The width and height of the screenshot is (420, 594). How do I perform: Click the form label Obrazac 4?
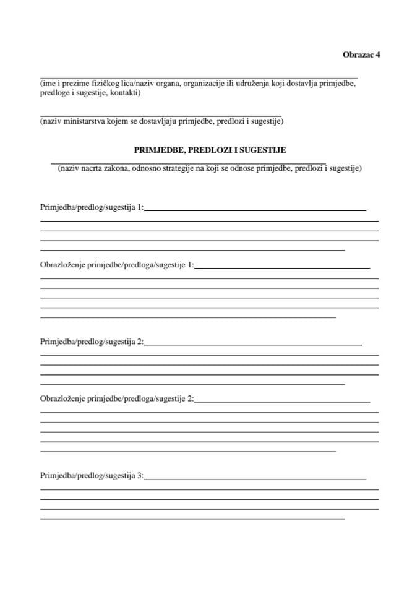[361, 54]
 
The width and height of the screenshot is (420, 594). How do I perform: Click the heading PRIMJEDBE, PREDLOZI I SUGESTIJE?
[210, 150]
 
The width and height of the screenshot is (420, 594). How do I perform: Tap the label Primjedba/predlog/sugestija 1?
[92, 207]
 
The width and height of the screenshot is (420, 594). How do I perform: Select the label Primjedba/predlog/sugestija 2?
[92, 342]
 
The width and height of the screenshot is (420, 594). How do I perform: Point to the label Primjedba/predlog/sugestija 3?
[92, 476]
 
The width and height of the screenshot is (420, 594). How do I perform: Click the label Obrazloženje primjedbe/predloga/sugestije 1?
[117, 265]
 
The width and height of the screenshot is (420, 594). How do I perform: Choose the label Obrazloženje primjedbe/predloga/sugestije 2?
[117, 399]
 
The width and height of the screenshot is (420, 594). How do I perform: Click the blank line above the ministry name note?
[161, 115]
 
